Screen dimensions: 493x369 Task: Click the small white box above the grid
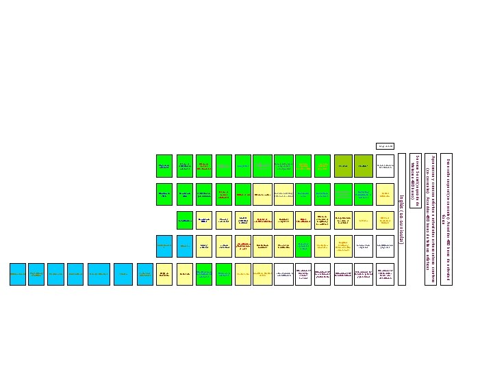[x=385, y=145]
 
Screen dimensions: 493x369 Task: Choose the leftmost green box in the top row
[x=164, y=166]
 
